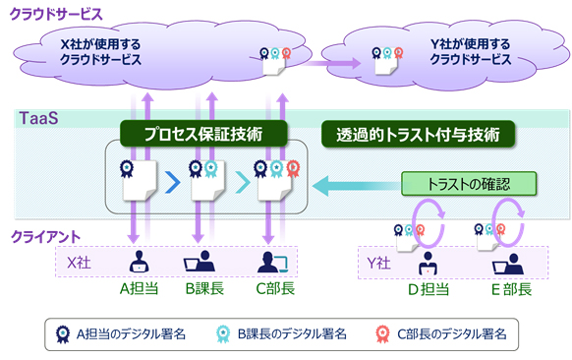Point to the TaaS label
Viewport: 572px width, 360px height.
38,118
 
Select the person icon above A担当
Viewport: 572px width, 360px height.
139,263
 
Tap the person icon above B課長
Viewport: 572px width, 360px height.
200,263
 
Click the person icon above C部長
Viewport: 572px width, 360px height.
268,263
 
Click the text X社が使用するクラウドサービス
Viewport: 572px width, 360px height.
100,51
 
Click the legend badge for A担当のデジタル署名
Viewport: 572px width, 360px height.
62,334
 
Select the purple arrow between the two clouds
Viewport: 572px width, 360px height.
323,64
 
